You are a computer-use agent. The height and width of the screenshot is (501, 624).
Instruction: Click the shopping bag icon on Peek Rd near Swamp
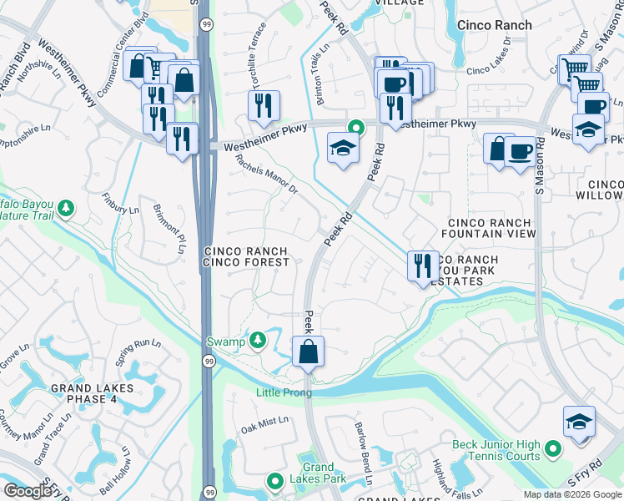pos(308,352)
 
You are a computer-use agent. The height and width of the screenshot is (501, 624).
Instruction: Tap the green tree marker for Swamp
pos(258,340)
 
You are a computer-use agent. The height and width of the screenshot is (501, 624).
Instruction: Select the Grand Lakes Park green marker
pos(275,481)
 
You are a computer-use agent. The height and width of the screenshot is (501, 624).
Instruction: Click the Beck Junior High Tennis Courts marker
pos(552,452)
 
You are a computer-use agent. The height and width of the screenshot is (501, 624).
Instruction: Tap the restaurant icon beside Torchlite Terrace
pos(263,106)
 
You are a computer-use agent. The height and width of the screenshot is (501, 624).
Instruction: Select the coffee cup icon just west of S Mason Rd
pos(520,152)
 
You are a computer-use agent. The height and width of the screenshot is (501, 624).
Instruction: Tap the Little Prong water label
pos(284,392)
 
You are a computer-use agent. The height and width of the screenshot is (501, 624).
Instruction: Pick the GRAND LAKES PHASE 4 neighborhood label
pos(92,393)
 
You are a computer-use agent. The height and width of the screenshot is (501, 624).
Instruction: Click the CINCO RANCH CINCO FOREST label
pos(246,256)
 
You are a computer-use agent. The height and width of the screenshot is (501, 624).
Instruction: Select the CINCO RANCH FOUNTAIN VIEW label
pos(491,229)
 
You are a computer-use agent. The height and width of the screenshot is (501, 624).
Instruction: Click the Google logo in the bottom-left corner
pos(28,491)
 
